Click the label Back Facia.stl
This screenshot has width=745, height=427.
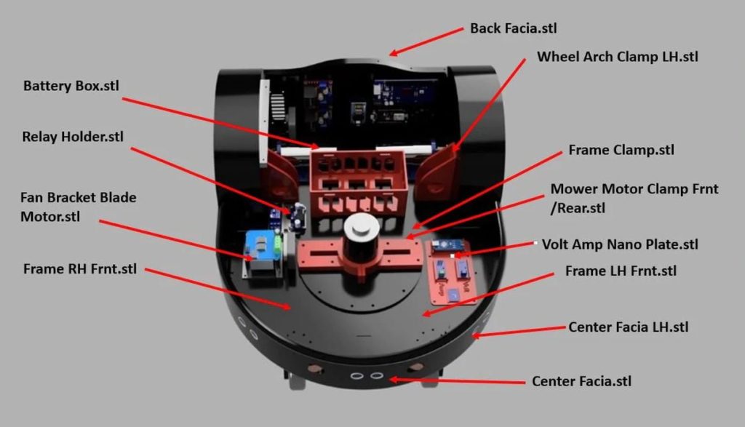[514, 28]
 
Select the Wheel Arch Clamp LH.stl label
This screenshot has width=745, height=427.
[618, 57]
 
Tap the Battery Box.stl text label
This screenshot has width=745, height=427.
[71, 86]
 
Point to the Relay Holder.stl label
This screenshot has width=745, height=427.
[73, 137]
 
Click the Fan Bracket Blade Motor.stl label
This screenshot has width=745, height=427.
[78, 207]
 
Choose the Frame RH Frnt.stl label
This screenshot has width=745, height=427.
[80, 268]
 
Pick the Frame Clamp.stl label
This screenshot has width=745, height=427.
[621, 150]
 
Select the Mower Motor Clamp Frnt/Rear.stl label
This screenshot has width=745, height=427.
[634, 198]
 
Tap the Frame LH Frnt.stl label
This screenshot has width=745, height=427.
[621, 271]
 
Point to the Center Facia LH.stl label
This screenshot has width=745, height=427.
[629, 327]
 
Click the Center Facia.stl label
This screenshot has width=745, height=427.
[582, 381]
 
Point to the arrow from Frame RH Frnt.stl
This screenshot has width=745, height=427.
[218, 288]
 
